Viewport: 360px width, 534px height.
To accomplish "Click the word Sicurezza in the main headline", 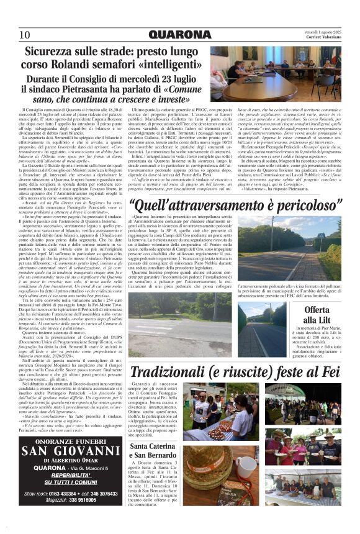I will pos(55,54).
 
